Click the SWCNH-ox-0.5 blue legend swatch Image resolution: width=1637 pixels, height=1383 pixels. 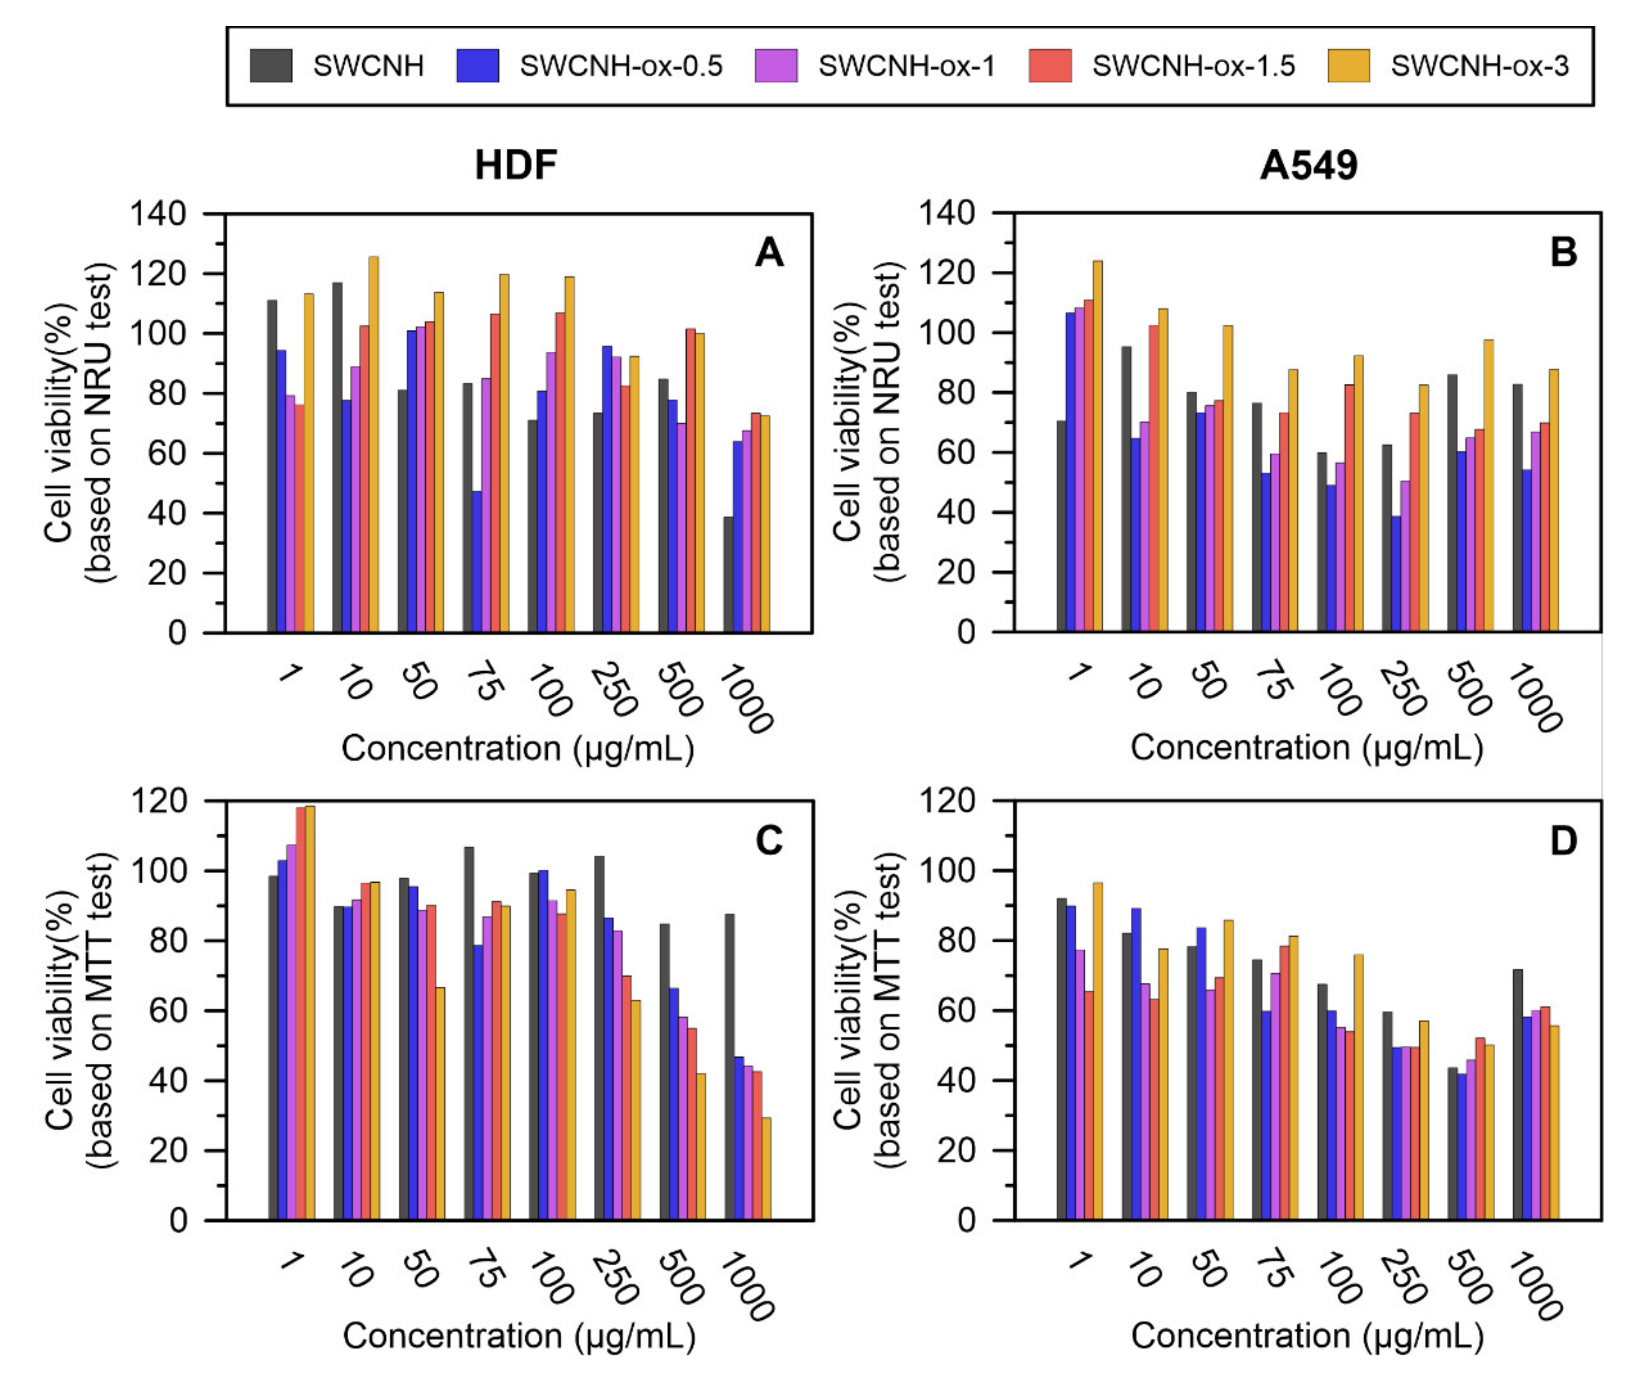(478, 66)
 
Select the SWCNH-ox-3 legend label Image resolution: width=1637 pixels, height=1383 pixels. (1479, 66)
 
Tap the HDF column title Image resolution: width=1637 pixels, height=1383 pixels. (515, 165)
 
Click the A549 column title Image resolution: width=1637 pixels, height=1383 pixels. (1308, 165)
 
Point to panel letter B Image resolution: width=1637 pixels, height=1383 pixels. (1564, 252)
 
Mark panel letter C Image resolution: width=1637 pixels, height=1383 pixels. (768, 841)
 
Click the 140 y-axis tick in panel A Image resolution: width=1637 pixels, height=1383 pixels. (158, 213)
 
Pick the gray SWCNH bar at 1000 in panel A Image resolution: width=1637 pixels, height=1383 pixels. (729, 574)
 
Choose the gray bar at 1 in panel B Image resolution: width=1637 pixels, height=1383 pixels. (1062, 526)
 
